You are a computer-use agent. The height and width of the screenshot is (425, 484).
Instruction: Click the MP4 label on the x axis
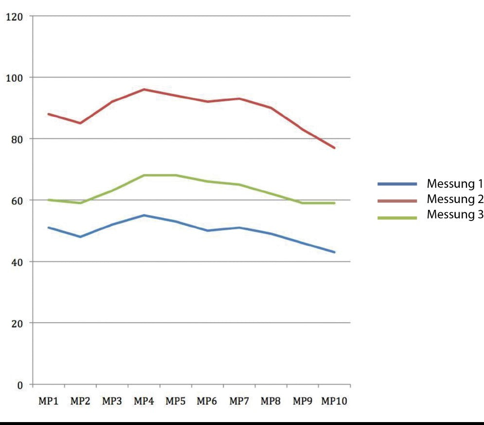(x=143, y=402)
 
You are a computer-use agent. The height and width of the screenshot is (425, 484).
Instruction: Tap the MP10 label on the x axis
(x=334, y=402)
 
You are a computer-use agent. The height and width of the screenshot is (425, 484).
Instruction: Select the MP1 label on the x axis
(x=48, y=402)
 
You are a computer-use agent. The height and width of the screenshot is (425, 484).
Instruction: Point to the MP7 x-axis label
(x=239, y=402)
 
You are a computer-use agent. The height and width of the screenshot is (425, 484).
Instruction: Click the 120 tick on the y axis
(x=15, y=17)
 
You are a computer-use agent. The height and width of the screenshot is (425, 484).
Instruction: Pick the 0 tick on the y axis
(x=20, y=385)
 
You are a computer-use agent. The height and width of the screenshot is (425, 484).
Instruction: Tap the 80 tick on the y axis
(x=17, y=139)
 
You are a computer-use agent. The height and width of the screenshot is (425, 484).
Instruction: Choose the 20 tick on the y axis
(x=17, y=323)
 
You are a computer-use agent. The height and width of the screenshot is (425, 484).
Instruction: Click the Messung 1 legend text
(x=454, y=184)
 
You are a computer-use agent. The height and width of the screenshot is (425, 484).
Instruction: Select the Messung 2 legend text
(x=454, y=199)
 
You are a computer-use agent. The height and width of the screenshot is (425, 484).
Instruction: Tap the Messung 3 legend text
(x=454, y=215)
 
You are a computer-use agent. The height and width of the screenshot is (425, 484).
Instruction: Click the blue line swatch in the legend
(x=397, y=184)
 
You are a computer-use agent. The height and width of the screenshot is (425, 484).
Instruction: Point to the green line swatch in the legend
(x=397, y=218)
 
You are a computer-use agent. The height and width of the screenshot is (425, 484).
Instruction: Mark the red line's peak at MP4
(x=144, y=89)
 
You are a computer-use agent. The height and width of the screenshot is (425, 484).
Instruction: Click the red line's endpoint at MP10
(x=335, y=148)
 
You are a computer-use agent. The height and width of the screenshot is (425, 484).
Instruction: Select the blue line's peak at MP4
(x=144, y=215)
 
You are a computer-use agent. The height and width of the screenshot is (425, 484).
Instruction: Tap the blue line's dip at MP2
(x=80, y=237)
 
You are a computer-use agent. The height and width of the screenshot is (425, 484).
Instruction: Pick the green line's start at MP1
(x=49, y=200)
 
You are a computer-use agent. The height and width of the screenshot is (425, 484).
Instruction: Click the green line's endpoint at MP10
(x=335, y=203)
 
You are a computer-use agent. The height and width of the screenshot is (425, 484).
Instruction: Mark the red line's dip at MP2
(x=80, y=123)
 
